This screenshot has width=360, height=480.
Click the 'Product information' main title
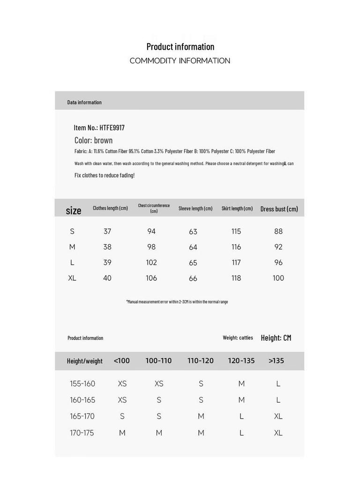point(180,46)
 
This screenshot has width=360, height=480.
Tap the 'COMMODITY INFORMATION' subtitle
point(180,60)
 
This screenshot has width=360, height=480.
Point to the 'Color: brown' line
point(93,140)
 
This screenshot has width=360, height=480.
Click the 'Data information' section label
point(84,102)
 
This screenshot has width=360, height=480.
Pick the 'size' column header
point(73,210)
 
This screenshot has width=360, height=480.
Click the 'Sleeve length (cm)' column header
point(195,208)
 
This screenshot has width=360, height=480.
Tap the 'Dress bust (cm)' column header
point(279,209)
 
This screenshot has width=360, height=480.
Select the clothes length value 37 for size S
point(107,231)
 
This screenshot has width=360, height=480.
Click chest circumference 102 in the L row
point(151,262)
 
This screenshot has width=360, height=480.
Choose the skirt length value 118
point(236,278)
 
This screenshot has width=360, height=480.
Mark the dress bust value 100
point(278,278)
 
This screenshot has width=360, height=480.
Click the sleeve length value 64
point(193,247)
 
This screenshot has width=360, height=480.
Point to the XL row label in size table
point(72,278)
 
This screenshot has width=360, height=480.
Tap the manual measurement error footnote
point(177,301)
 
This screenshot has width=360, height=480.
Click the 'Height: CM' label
point(276,337)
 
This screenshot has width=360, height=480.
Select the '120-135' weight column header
point(241,360)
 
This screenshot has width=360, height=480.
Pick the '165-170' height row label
point(82,416)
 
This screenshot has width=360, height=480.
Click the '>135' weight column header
point(276,360)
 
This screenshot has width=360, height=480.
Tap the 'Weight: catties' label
point(238,337)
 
